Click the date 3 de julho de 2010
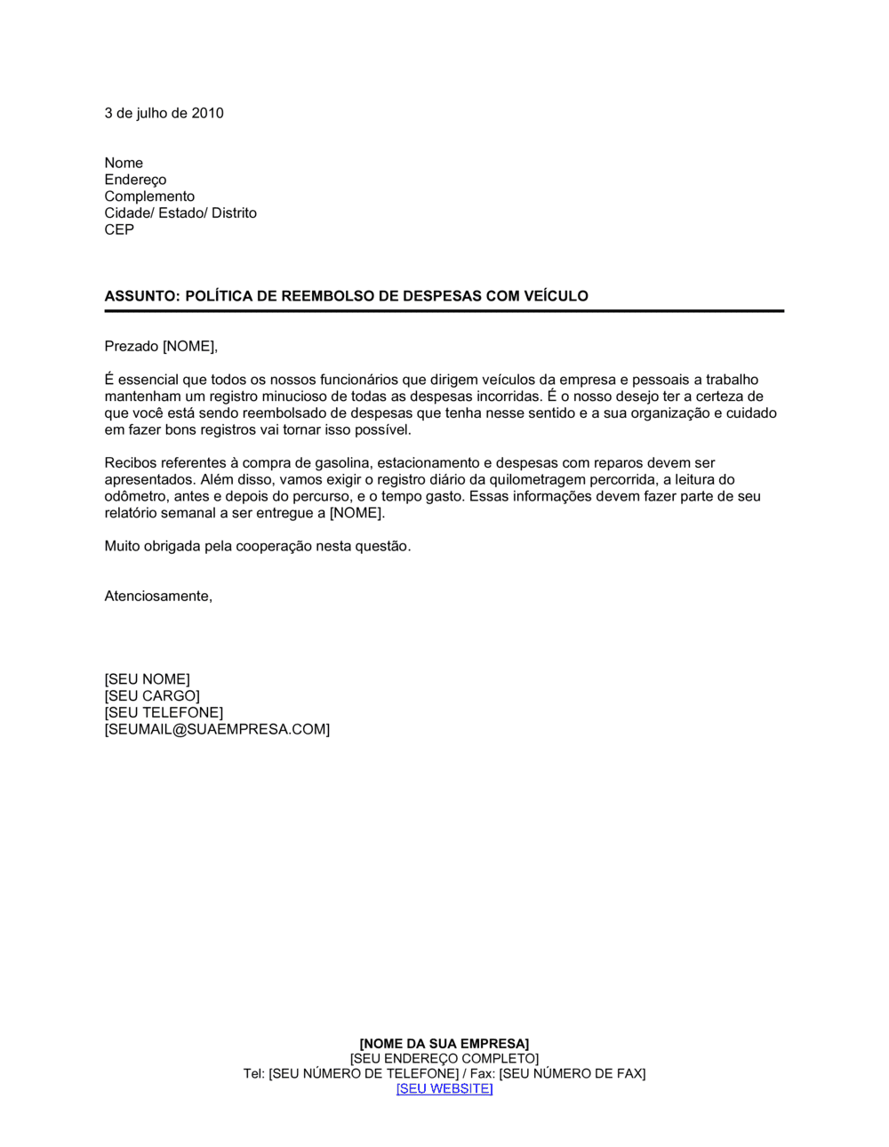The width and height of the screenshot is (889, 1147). click(x=164, y=113)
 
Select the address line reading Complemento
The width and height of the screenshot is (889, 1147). click(x=149, y=197)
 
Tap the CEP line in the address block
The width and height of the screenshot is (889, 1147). click(x=119, y=229)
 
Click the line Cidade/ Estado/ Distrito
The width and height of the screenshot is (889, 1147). click(x=180, y=213)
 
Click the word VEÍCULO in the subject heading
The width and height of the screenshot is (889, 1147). click(x=555, y=296)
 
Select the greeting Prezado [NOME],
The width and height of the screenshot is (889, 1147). click(x=161, y=347)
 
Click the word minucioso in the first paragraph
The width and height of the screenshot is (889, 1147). click(x=275, y=397)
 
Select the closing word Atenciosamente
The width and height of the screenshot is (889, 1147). click(x=158, y=597)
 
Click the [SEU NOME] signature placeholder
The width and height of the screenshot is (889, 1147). click(x=147, y=679)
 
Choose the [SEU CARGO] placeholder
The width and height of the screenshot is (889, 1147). click(x=152, y=696)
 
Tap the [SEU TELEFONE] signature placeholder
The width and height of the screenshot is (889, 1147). click(x=164, y=713)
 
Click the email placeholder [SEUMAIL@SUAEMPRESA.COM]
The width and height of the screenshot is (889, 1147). click(x=217, y=729)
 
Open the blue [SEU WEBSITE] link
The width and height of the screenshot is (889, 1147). click(x=444, y=1089)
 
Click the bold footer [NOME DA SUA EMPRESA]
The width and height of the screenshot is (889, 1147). click(x=444, y=1044)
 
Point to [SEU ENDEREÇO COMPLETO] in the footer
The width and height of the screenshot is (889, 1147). click(x=444, y=1059)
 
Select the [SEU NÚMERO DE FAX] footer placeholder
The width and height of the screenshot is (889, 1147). click(x=572, y=1074)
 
